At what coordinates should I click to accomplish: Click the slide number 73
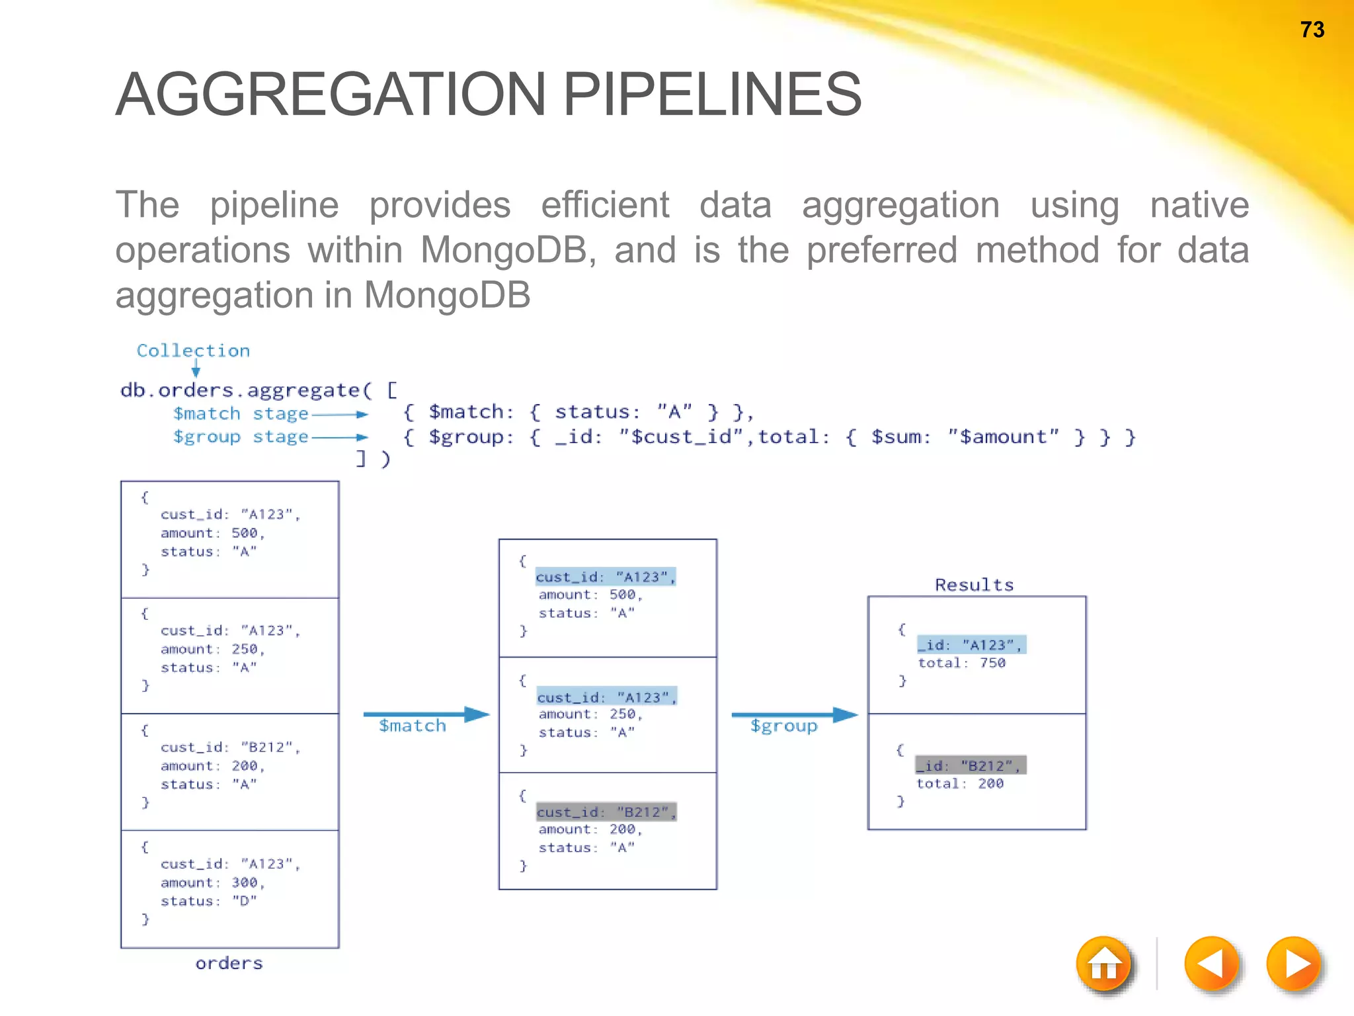[x=1312, y=30]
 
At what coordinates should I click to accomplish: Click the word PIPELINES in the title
[x=712, y=95]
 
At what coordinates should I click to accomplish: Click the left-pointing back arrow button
[x=1211, y=964]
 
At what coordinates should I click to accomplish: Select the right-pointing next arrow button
[x=1294, y=964]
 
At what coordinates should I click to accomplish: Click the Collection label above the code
[x=193, y=351]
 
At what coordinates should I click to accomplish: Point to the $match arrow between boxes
[x=426, y=714]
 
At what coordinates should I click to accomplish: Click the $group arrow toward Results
[x=793, y=714]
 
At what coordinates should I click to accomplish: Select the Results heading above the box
[x=974, y=585]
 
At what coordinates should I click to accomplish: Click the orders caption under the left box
[x=229, y=963]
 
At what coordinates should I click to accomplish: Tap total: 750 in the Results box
[x=961, y=663]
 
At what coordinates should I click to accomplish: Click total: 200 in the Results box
[x=960, y=784]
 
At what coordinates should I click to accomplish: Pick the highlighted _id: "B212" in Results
[x=971, y=765]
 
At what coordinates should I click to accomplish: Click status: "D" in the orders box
[x=208, y=901]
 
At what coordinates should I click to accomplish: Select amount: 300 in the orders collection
[x=212, y=882]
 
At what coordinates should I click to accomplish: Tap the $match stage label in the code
[x=241, y=414]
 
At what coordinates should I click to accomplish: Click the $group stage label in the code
[x=241, y=437]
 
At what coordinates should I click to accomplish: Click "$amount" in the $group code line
[x=1002, y=437]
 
